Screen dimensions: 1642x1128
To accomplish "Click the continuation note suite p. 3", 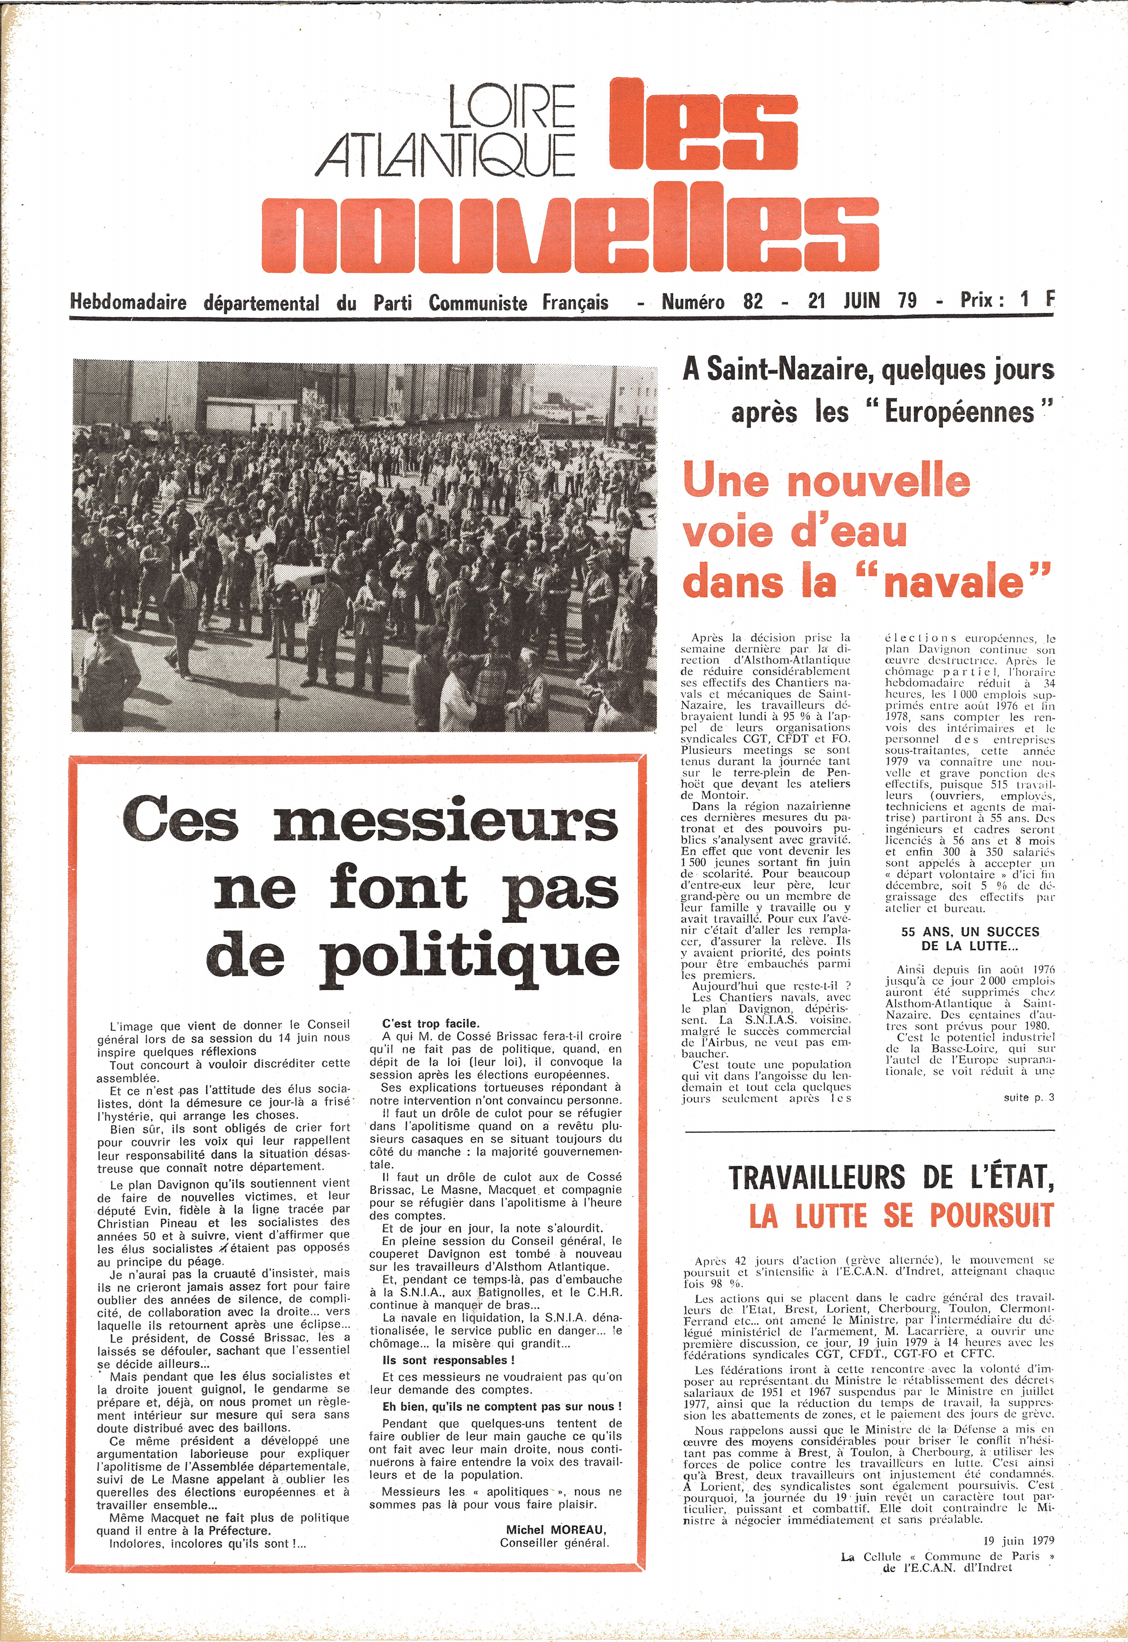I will [1028, 1097].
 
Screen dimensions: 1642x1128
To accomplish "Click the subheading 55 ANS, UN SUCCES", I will [970, 932].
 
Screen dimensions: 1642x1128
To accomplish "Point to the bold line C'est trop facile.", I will [430, 1023].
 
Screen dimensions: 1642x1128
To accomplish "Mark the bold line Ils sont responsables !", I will [448, 1360].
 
